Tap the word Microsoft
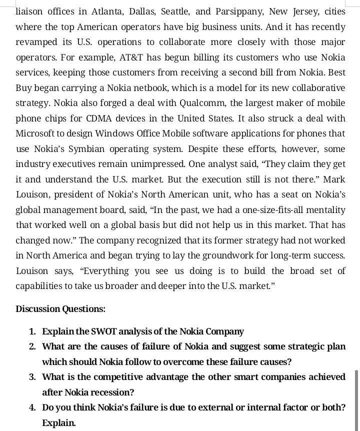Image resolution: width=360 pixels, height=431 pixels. (x=34, y=133)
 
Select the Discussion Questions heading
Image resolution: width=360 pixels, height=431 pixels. (x=60, y=308)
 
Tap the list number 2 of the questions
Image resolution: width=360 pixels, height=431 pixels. (x=32, y=346)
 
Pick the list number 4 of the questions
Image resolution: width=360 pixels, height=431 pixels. (x=32, y=407)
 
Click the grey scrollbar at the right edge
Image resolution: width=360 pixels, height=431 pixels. (x=356, y=400)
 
